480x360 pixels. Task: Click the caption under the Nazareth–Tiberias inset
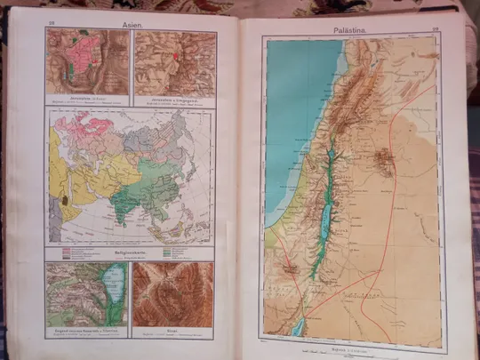(87, 329)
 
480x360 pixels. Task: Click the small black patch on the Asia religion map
(64, 202)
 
